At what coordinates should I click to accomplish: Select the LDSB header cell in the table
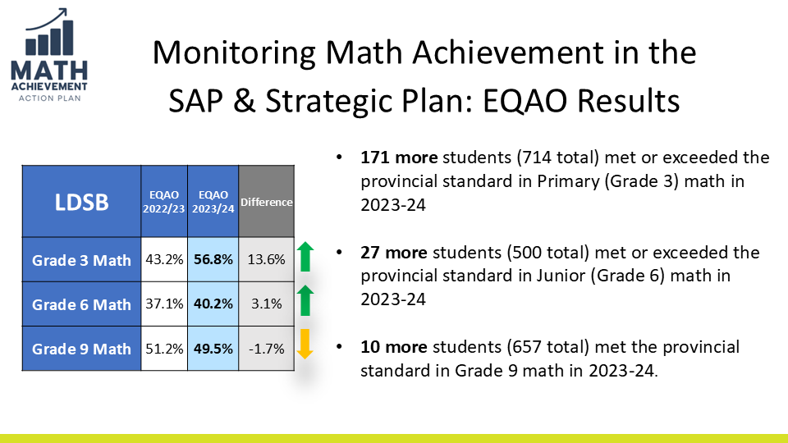tap(81, 202)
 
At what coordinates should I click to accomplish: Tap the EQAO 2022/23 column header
tap(165, 202)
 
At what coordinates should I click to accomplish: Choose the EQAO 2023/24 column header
tap(213, 202)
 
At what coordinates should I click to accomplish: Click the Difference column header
tap(266, 202)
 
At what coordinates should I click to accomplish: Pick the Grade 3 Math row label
tap(81, 260)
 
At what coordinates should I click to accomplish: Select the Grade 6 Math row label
tap(81, 304)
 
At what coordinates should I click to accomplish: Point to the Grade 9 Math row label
tap(81, 349)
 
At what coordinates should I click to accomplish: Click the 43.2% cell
tap(165, 260)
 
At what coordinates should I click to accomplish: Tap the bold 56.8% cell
tap(213, 260)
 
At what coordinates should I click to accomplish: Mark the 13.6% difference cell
tap(266, 260)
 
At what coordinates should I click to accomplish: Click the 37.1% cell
tap(165, 304)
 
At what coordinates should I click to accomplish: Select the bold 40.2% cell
tap(213, 304)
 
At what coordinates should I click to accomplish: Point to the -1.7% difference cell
tap(266, 349)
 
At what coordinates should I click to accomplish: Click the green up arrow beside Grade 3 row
tap(305, 256)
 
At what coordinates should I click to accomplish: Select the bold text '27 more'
tap(387, 252)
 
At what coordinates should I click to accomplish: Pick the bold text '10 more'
tap(387, 347)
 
